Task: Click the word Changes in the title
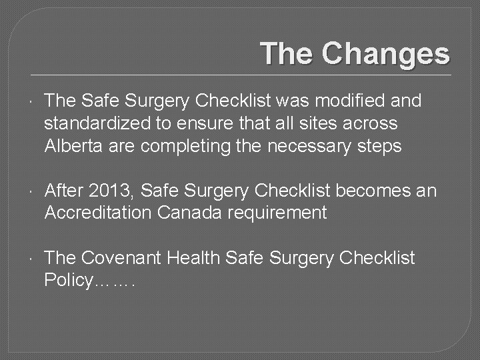[386, 54]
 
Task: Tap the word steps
[381, 146]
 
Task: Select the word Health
[194, 258]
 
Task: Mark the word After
[64, 191]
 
